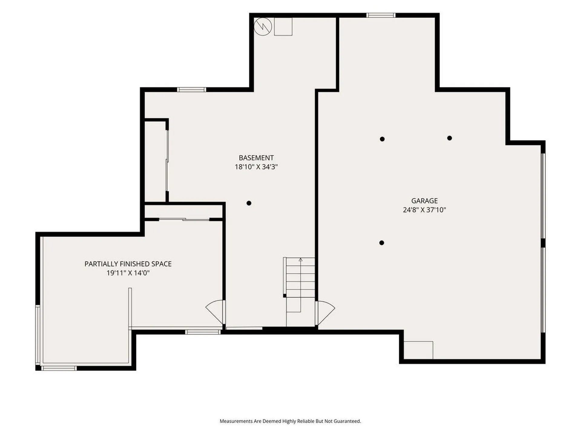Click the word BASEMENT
256,158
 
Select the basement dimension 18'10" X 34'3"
256,167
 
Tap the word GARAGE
424,201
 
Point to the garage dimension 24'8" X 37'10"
424,210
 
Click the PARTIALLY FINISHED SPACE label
128,264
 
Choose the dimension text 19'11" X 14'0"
128,273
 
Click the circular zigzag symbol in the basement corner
263,27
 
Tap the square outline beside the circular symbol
283,27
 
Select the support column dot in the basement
249,203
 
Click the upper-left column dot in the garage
382,139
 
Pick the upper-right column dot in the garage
449,138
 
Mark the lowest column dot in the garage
382,243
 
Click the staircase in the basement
300,291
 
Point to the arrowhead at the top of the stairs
300,259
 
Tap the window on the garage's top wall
381,15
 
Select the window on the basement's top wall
191,90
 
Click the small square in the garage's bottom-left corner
418,350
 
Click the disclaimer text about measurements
290,421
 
